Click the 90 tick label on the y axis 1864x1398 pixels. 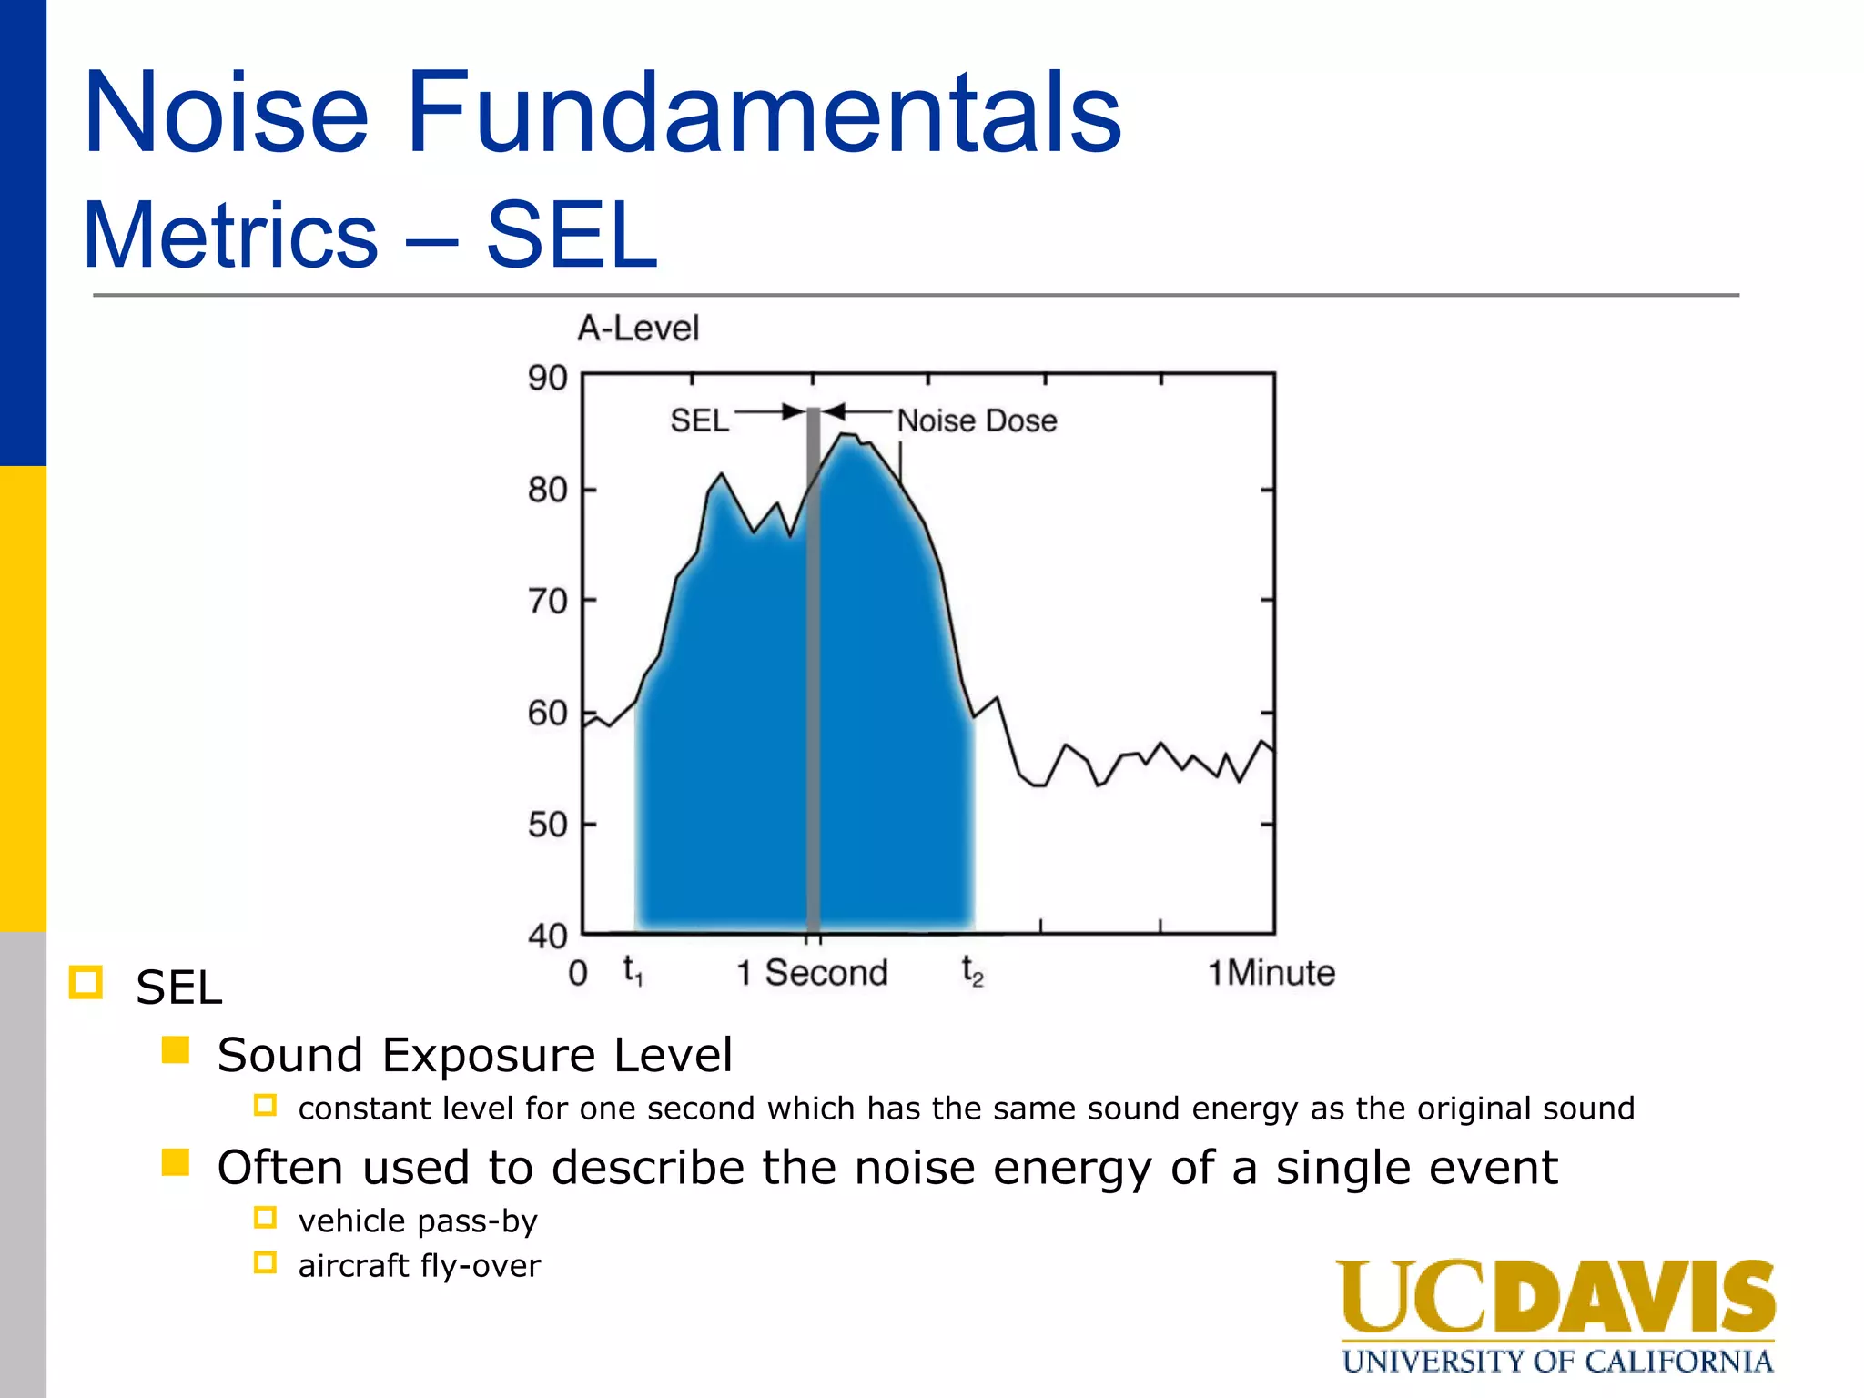pos(547,378)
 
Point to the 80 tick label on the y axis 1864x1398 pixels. pos(547,491)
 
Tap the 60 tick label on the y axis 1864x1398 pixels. pos(547,714)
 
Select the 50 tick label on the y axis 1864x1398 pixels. pos(547,826)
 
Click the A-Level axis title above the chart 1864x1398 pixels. pos(638,329)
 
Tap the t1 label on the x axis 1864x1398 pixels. pos(633,972)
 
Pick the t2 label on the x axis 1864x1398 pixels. pos(972,972)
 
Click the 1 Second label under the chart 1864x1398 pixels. pos(812,973)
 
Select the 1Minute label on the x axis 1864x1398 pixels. pos(1271,973)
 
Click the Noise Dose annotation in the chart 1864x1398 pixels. pos(977,421)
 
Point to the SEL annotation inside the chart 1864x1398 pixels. pos(699,420)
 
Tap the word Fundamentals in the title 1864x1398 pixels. pos(764,113)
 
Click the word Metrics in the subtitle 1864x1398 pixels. pos(230,236)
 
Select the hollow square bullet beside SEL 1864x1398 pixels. pos(86,983)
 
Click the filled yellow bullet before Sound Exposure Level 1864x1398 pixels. pos(175,1050)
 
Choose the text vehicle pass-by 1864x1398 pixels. pos(418,1221)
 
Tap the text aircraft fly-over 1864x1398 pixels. pos(419,1266)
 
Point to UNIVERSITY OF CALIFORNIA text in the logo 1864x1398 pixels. pos(1557,1362)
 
